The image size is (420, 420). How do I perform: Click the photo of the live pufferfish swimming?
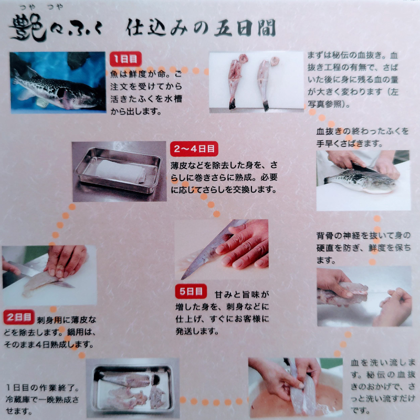tap(58, 82)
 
